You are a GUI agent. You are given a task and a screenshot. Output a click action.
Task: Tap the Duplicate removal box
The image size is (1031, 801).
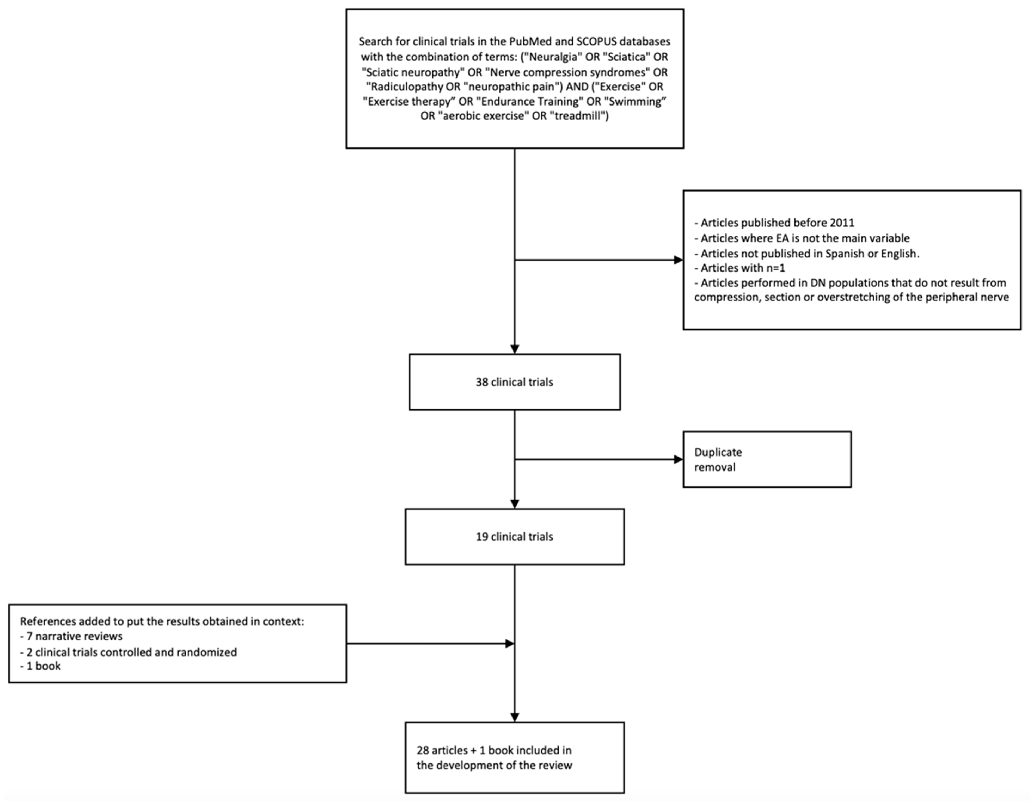pos(767,459)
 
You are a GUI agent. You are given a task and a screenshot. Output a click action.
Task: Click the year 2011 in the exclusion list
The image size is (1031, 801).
pos(841,223)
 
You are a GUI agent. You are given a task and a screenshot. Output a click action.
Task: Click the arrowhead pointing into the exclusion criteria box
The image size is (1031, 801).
pos(678,260)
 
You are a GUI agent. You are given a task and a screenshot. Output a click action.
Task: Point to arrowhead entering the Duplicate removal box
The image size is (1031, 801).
pos(678,459)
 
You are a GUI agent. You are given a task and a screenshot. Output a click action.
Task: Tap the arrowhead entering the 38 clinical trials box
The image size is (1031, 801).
pos(515,349)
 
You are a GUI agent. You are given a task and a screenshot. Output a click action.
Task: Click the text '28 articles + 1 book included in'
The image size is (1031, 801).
pos(494,750)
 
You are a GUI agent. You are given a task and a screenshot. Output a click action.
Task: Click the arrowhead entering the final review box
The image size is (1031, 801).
pos(515,717)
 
